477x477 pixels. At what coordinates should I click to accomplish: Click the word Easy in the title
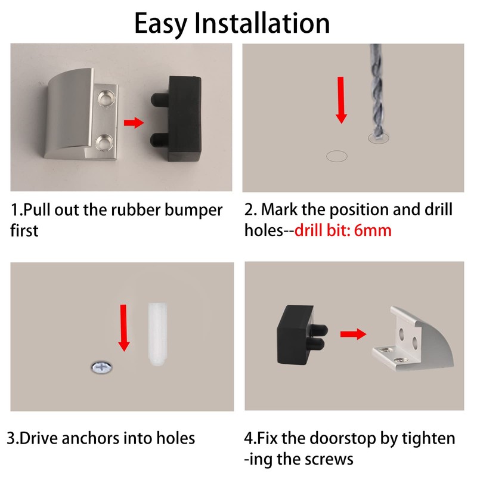(x=161, y=24)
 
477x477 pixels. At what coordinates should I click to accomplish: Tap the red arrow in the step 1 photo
(x=134, y=123)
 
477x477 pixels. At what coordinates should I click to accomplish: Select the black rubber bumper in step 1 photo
(x=176, y=119)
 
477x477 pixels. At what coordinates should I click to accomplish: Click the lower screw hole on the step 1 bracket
(x=104, y=142)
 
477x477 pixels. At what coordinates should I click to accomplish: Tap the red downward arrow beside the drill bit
(x=341, y=100)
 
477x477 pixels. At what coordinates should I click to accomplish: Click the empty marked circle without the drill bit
(x=337, y=156)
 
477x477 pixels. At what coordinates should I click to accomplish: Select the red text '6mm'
(x=373, y=230)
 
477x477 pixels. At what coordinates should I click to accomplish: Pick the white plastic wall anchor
(x=157, y=334)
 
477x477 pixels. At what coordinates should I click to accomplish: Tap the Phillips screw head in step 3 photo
(x=101, y=367)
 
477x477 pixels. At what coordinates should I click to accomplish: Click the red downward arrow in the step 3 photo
(x=123, y=328)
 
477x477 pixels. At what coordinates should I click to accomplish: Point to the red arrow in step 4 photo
(x=353, y=334)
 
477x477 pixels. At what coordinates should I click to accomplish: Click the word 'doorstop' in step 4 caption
(x=343, y=439)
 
